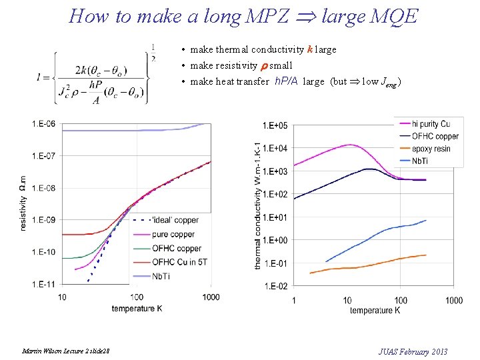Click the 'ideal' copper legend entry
click(x=175, y=220)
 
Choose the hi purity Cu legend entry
click(x=431, y=124)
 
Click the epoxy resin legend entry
click(x=431, y=149)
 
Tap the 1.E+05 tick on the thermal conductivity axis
click(x=274, y=125)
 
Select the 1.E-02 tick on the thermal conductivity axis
click(x=274, y=287)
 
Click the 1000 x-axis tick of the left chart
click(x=211, y=297)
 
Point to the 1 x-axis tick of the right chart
click(x=294, y=300)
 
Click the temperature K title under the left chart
click(x=137, y=309)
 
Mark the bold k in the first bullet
click(x=309, y=50)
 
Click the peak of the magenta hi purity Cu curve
click(x=349, y=145)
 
